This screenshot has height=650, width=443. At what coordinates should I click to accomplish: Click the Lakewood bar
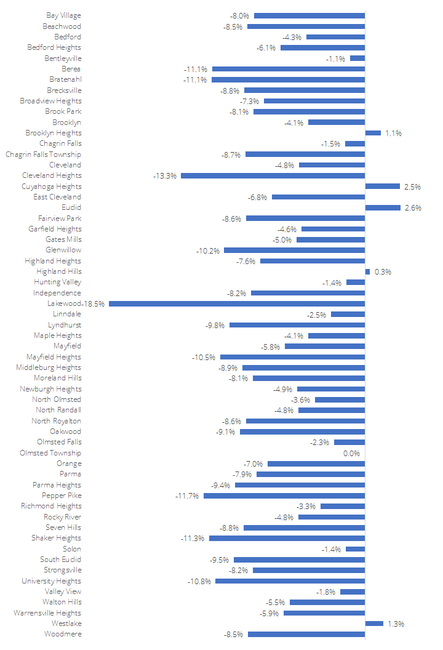coord(237,303)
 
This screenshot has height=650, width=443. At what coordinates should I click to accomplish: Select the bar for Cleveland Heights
coord(273,175)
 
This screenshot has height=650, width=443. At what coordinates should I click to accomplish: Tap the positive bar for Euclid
coord(373,207)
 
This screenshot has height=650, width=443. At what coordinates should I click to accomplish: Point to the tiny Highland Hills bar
coord(367,271)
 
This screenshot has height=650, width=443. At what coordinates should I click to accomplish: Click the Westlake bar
coord(374,624)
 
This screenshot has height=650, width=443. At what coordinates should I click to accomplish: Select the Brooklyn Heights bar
coord(373,133)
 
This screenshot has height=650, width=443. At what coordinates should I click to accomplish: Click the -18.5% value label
coord(94,303)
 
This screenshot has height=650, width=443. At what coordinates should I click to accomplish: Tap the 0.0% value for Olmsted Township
coord(351,453)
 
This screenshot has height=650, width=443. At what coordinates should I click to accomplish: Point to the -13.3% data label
coord(165,175)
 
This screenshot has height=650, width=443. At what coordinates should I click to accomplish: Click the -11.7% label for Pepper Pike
coord(188,496)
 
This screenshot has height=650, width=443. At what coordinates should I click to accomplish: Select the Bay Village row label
coord(63,15)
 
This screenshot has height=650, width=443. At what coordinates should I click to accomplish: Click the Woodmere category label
coord(63,634)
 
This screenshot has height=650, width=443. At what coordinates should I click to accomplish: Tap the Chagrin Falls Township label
coord(43,154)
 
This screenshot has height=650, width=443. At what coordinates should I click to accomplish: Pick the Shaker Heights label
coord(56,538)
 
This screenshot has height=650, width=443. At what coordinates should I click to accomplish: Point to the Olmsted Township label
coord(50,453)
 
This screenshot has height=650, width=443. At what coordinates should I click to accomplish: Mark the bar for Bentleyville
coord(357,58)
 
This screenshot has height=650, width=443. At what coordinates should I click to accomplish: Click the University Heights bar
coord(290,581)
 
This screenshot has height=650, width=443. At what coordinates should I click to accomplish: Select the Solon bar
coord(355,549)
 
